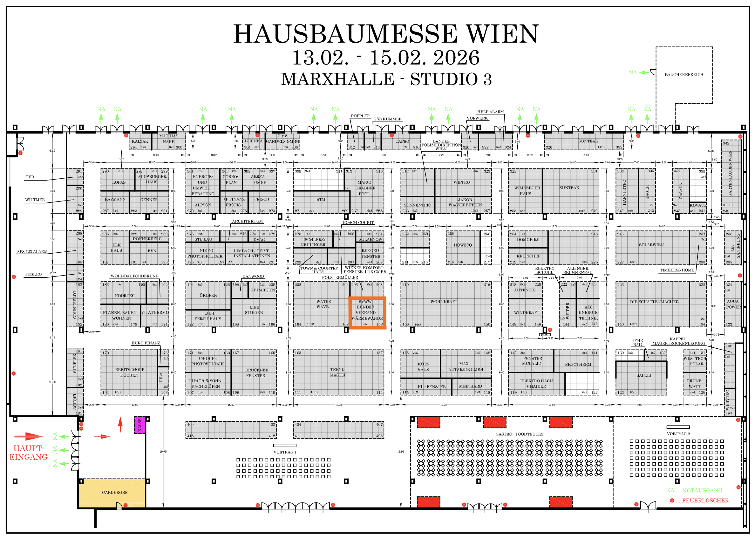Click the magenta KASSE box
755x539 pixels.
140,425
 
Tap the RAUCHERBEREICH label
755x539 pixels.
684,75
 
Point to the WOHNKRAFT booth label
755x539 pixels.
444,302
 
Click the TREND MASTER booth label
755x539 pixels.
338,372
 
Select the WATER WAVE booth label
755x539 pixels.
323,304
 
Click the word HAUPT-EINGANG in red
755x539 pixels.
29,453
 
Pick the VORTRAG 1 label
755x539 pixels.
285,452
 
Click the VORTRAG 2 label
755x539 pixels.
678,434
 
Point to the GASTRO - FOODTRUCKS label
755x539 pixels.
519,434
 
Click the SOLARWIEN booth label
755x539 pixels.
651,245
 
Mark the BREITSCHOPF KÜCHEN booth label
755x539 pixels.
129,372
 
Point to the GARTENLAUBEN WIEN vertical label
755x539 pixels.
730,173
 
